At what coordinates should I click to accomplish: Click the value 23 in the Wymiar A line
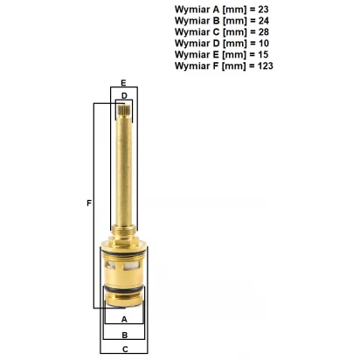click(263, 10)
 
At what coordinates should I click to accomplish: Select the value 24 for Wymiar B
click(264, 21)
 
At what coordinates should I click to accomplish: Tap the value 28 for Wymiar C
click(264, 32)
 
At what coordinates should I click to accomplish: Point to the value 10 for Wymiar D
click(264, 44)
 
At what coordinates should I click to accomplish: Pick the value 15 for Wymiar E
click(263, 54)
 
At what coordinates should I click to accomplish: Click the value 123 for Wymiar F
click(266, 66)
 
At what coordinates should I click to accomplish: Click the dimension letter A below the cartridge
click(124, 320)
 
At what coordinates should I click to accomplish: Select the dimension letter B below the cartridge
click(125, 336)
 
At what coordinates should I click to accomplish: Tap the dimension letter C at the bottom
click(125, 350)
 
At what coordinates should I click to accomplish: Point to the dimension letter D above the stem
click(124, 96)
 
